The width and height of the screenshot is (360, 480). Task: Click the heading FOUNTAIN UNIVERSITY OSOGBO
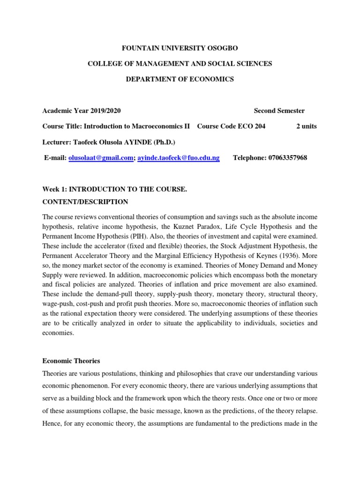(x=180, y=48)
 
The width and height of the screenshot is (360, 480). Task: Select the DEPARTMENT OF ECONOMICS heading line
(x=180, y=79)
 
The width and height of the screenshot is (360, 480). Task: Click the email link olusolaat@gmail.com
(x=100, y=158)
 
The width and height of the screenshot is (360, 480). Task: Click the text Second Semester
(x=279, y=111)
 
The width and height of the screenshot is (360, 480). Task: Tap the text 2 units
(x=306, y=127)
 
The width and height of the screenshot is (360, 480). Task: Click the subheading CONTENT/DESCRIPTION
(x=85, y=202)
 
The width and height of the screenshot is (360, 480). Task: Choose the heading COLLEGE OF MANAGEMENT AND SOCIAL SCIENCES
(x=180, y=63)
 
